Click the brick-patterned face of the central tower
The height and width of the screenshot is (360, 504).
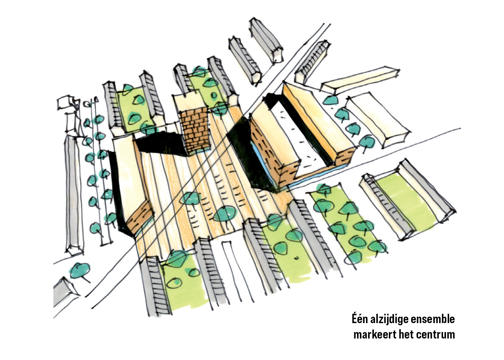[x=195, y=130]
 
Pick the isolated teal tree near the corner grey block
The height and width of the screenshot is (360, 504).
[x=80, y=270]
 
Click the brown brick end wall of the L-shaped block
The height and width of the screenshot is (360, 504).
[x=139, y=217]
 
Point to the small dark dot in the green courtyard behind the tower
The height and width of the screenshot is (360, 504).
[x=214, y=95]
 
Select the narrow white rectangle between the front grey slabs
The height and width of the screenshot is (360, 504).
[x=237, y=271]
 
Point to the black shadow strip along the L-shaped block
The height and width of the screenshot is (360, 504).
[x=117, y=191]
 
